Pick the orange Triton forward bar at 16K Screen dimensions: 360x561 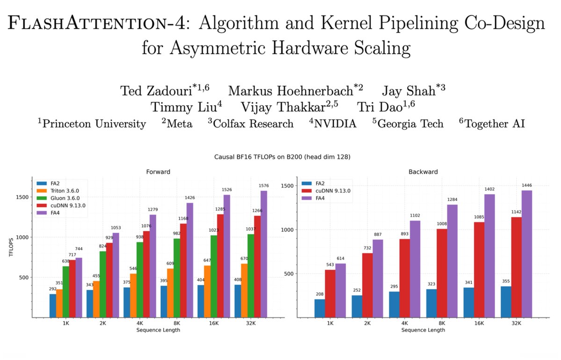[x=207, y=292]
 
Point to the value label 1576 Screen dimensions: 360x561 [x=264, y=186]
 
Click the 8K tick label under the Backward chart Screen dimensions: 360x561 [x=441, y=323]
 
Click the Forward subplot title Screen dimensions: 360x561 [x=157, y=172]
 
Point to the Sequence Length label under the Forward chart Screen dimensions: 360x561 [x=157, y=330]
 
